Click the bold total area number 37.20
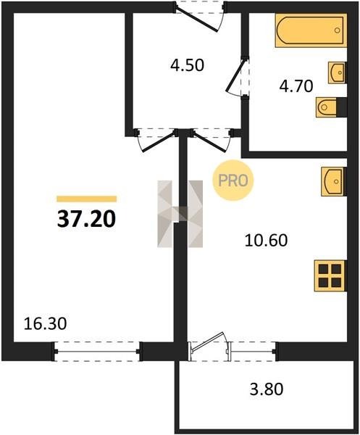pos(86,218)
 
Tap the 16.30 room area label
pos(45,324)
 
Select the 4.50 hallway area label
pos(187,65)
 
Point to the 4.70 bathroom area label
pos(296,86)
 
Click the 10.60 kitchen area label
pos(267,240)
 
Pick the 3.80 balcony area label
pos(267,389)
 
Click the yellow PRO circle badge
pos(233,181)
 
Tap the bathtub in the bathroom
pos(311,30)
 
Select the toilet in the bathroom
pos(331,107)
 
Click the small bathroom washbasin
pos(338,72)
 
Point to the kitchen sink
pos(334,181)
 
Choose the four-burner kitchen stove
pos(330,275)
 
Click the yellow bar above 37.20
pos(86,199)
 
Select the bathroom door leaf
pos(235,75)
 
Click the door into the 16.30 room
pos(159,141)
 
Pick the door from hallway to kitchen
pos(210,141)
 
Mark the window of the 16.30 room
pos(97,352)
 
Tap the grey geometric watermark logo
pos(180,214)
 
